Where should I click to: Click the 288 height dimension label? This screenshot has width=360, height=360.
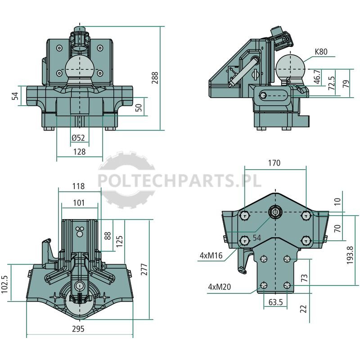point(155,78)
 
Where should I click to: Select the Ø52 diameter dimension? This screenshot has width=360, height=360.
point(78,138)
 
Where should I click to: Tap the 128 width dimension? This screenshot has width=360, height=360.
point(79,152)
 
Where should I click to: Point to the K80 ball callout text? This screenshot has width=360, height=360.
point(321,52)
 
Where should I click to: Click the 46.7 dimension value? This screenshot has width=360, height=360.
point(317,77)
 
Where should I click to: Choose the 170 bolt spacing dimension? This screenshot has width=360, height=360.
point(274,163)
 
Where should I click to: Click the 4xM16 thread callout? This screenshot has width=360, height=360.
point(211,255)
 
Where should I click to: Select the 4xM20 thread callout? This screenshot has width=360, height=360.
point(219,287)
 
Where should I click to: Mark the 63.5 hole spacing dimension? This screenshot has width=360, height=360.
point(275,302)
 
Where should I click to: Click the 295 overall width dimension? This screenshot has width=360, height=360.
point(78,329)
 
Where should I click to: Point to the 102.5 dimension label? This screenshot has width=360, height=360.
point(4,284)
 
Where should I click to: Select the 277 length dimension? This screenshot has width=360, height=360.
point(144,269)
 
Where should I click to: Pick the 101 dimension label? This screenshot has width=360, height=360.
point(79,203)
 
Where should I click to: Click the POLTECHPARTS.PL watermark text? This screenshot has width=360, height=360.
point(180,180)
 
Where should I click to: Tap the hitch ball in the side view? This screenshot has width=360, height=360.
point(290,67)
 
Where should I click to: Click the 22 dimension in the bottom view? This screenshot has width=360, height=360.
point(303,309)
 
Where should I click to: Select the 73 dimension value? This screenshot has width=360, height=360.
point(304,278)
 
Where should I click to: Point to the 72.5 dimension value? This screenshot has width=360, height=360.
point(332,83)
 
